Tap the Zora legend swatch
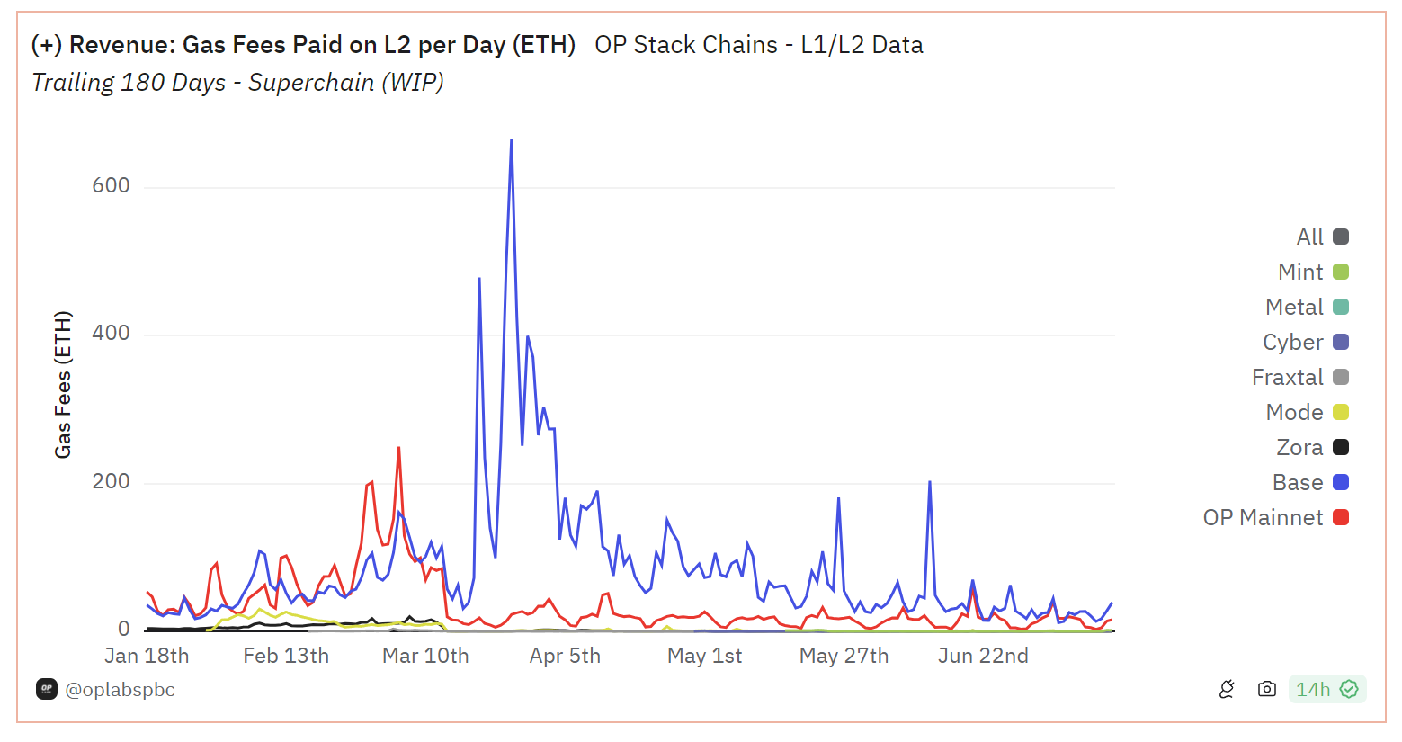tap(1341, 448)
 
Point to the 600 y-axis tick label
tap(111, 186)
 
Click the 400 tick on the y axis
tap(111, 334)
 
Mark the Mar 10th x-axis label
tap(425, 657)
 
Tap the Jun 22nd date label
tap(983, 657)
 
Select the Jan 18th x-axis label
tap(147, 657)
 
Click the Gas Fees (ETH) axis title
tap(63, 385)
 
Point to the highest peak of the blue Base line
tap(512, 140)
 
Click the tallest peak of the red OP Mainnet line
tap(398, 448)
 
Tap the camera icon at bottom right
tap(1267, 690)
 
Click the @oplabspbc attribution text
tap(120, 690)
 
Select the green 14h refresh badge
tap(1326, 690)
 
